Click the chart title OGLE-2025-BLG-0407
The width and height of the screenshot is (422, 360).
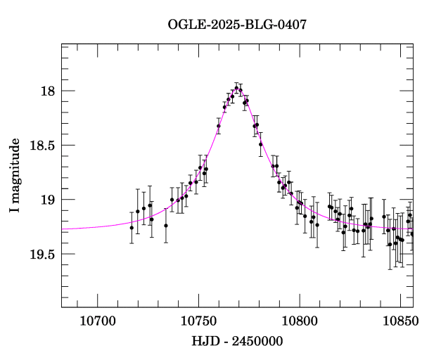click(237, 25)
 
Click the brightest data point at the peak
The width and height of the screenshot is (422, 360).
click(237, 88)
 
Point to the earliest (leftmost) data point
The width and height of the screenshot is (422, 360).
click(132, 227)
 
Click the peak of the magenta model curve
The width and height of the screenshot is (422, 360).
click(238, 89)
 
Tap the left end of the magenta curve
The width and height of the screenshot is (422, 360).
click(63, 230)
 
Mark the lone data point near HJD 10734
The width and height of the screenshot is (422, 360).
click(166, 225)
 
